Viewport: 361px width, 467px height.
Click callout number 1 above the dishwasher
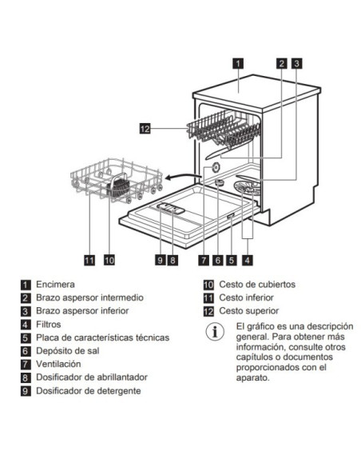coord(239,62)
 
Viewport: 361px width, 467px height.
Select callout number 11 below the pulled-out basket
coord(89,259)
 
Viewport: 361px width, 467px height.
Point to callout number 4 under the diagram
coord(248,259)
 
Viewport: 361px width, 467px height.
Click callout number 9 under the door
coord(160,259)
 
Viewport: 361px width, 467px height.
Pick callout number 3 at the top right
coord(296,62)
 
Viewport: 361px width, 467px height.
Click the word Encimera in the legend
coord(55,284)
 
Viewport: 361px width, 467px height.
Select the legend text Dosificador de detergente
coord(89,390)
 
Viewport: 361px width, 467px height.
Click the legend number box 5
coord(26,337)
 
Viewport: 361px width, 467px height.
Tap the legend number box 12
coord(208,310)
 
